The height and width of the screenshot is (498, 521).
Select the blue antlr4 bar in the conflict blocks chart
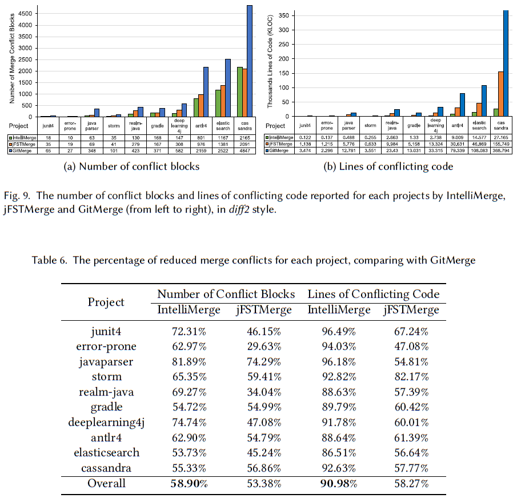point(206,91)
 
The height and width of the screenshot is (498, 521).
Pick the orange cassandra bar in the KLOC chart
point(500,94)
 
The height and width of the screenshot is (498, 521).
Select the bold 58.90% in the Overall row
point(188,484)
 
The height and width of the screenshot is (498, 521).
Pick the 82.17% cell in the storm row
point(411,376)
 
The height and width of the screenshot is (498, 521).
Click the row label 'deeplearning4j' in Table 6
point(106,423)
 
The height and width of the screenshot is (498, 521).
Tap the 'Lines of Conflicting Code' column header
point(374,294)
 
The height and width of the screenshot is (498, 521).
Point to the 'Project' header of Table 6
point(106,301)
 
